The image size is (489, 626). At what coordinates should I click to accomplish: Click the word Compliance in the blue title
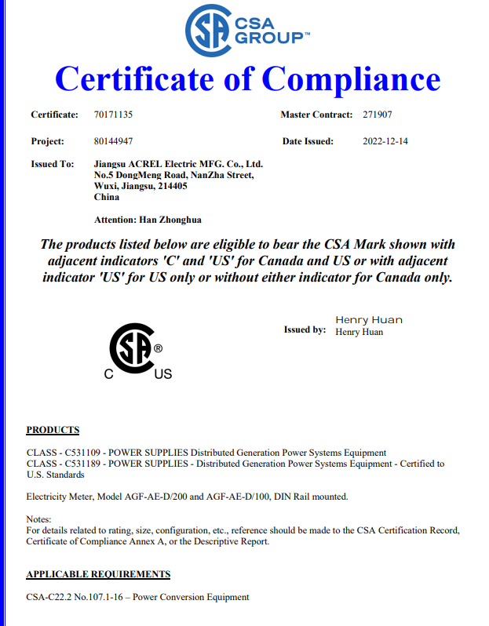(351, 79)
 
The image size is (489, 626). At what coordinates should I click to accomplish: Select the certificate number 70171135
(113, 115)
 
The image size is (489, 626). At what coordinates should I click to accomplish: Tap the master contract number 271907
(378, 115)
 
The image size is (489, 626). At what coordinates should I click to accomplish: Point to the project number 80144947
(113, 142)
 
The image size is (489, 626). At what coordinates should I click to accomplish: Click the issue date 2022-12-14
(385, 142)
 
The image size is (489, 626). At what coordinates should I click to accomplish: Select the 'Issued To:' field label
(52, 164)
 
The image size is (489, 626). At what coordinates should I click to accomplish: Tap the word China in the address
(106, 197)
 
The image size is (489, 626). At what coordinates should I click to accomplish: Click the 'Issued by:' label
(305, 330)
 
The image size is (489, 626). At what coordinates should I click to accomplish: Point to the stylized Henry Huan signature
(369, 320)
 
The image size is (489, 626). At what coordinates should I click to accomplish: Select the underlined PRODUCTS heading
(53, 430)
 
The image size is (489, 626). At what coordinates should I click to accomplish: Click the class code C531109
(81, 453)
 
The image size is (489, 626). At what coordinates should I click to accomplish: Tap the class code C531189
(81, 464)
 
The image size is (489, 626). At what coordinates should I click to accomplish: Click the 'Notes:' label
(38, 519)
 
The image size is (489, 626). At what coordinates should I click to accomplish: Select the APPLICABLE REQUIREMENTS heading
(98, 574)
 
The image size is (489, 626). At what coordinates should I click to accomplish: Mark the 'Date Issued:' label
(308, 142)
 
